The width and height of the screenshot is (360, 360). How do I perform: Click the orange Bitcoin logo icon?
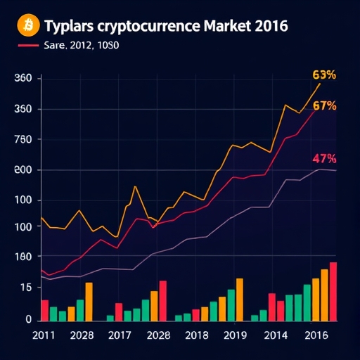coord(27,25)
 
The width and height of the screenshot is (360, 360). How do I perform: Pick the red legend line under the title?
coord(27,46)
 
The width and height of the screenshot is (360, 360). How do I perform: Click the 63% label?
coord(323,75)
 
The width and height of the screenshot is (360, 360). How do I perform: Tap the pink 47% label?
coord(323,159)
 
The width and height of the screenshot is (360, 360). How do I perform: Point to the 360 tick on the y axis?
coord(23,79)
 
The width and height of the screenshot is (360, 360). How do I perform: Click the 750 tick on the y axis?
coord(23,140)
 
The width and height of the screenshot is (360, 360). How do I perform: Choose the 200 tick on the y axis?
coord(23,170)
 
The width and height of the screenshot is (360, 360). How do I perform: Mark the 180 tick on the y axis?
coord(23,257)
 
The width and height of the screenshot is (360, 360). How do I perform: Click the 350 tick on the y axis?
coord(23,110)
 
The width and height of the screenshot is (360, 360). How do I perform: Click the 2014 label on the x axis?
coord(275,335)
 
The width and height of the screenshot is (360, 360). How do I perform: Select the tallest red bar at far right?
coord(333,292)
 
